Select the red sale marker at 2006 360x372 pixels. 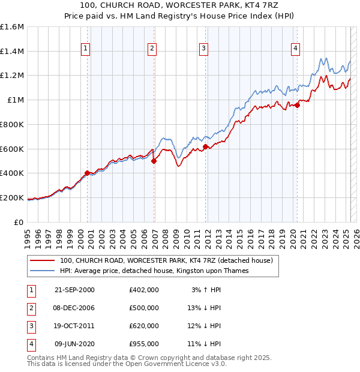coord(154,161)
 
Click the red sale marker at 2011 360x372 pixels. coord(205,146)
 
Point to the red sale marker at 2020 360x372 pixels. coord(297,105)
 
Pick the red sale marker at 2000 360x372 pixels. coord(88,173)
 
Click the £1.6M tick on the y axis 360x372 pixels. coord(12,27)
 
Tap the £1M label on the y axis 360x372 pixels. coord(16,100)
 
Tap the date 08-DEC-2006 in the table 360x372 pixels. coord(74,308)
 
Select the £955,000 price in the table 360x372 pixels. coord(144,344)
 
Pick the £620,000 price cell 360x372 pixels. coord(144,326)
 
